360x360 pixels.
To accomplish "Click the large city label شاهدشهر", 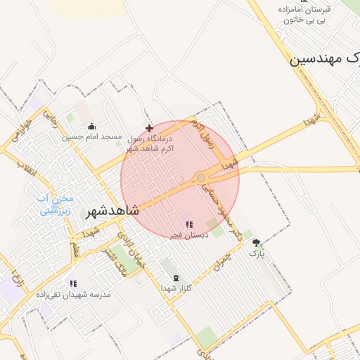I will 112,211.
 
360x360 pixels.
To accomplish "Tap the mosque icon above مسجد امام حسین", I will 91,127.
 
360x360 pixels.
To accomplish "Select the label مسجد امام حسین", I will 91,136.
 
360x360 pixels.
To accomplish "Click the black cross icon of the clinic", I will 149,128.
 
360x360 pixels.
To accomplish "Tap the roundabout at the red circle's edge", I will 201,178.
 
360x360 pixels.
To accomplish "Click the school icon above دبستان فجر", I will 189,224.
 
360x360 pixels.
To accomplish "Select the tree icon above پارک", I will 256,243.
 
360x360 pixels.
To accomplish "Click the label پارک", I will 257,253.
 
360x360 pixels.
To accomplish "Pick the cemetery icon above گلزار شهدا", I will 176,278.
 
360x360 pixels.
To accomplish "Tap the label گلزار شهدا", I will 176,288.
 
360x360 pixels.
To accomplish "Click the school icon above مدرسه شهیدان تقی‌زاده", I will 73,283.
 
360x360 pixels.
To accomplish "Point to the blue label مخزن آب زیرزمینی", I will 56,204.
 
